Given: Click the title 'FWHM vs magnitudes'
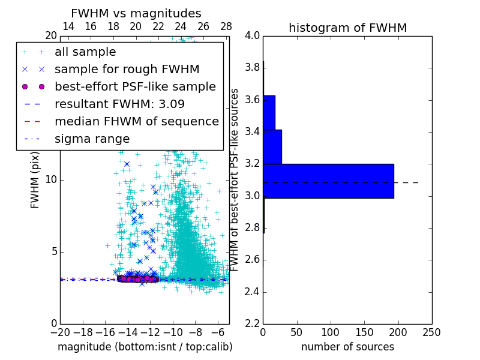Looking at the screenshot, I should (136, 13).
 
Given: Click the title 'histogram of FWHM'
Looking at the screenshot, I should (347, 28).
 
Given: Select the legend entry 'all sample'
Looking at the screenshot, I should (85, 52).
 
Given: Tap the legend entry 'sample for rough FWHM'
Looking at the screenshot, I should (127, 70).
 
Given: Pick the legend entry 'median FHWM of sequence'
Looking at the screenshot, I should (136, 121).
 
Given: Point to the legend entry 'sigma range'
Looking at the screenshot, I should (92, 139).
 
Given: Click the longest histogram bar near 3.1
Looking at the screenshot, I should (328, 181).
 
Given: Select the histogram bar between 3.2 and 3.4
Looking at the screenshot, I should (272, 146).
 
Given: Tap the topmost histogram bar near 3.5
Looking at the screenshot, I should (269, 112).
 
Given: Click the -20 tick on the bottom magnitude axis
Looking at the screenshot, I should (60, 332).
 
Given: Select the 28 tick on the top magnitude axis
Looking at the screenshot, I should (226, 26).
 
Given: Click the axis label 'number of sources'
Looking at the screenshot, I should (347, 347).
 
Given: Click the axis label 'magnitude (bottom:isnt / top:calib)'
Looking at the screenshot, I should (145, 347).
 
